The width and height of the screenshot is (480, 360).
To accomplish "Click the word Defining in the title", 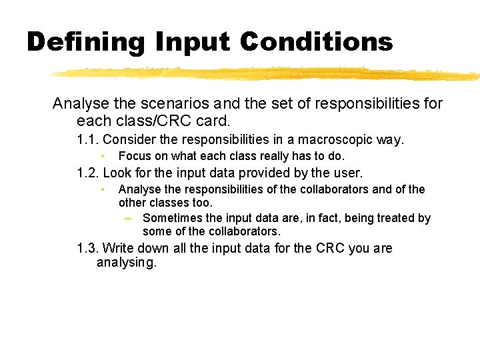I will [85, 42].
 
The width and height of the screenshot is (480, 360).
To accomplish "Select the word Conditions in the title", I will [316, 42].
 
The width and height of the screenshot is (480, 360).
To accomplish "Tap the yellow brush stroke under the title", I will [267, 73].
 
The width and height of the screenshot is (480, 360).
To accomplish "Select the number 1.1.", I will [88, 140].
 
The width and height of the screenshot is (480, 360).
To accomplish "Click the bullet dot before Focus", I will [103, 156].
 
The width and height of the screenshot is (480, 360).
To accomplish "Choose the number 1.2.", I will [88, 173].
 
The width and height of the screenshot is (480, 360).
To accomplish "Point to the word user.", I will [347, 173].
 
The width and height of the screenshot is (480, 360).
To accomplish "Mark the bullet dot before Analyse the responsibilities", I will [103, 189].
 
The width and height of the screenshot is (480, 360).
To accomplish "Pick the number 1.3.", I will [88, 249].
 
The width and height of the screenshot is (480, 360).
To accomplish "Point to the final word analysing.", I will [126, 263].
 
